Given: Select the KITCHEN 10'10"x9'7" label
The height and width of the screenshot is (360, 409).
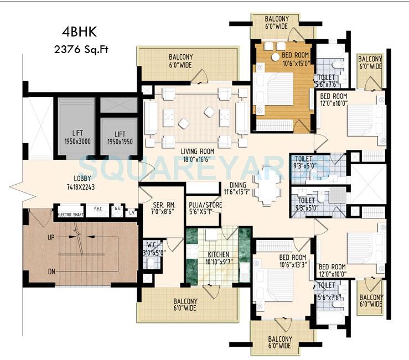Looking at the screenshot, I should [218, 259].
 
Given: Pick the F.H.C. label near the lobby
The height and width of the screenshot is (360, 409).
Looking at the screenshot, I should [98, 209].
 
